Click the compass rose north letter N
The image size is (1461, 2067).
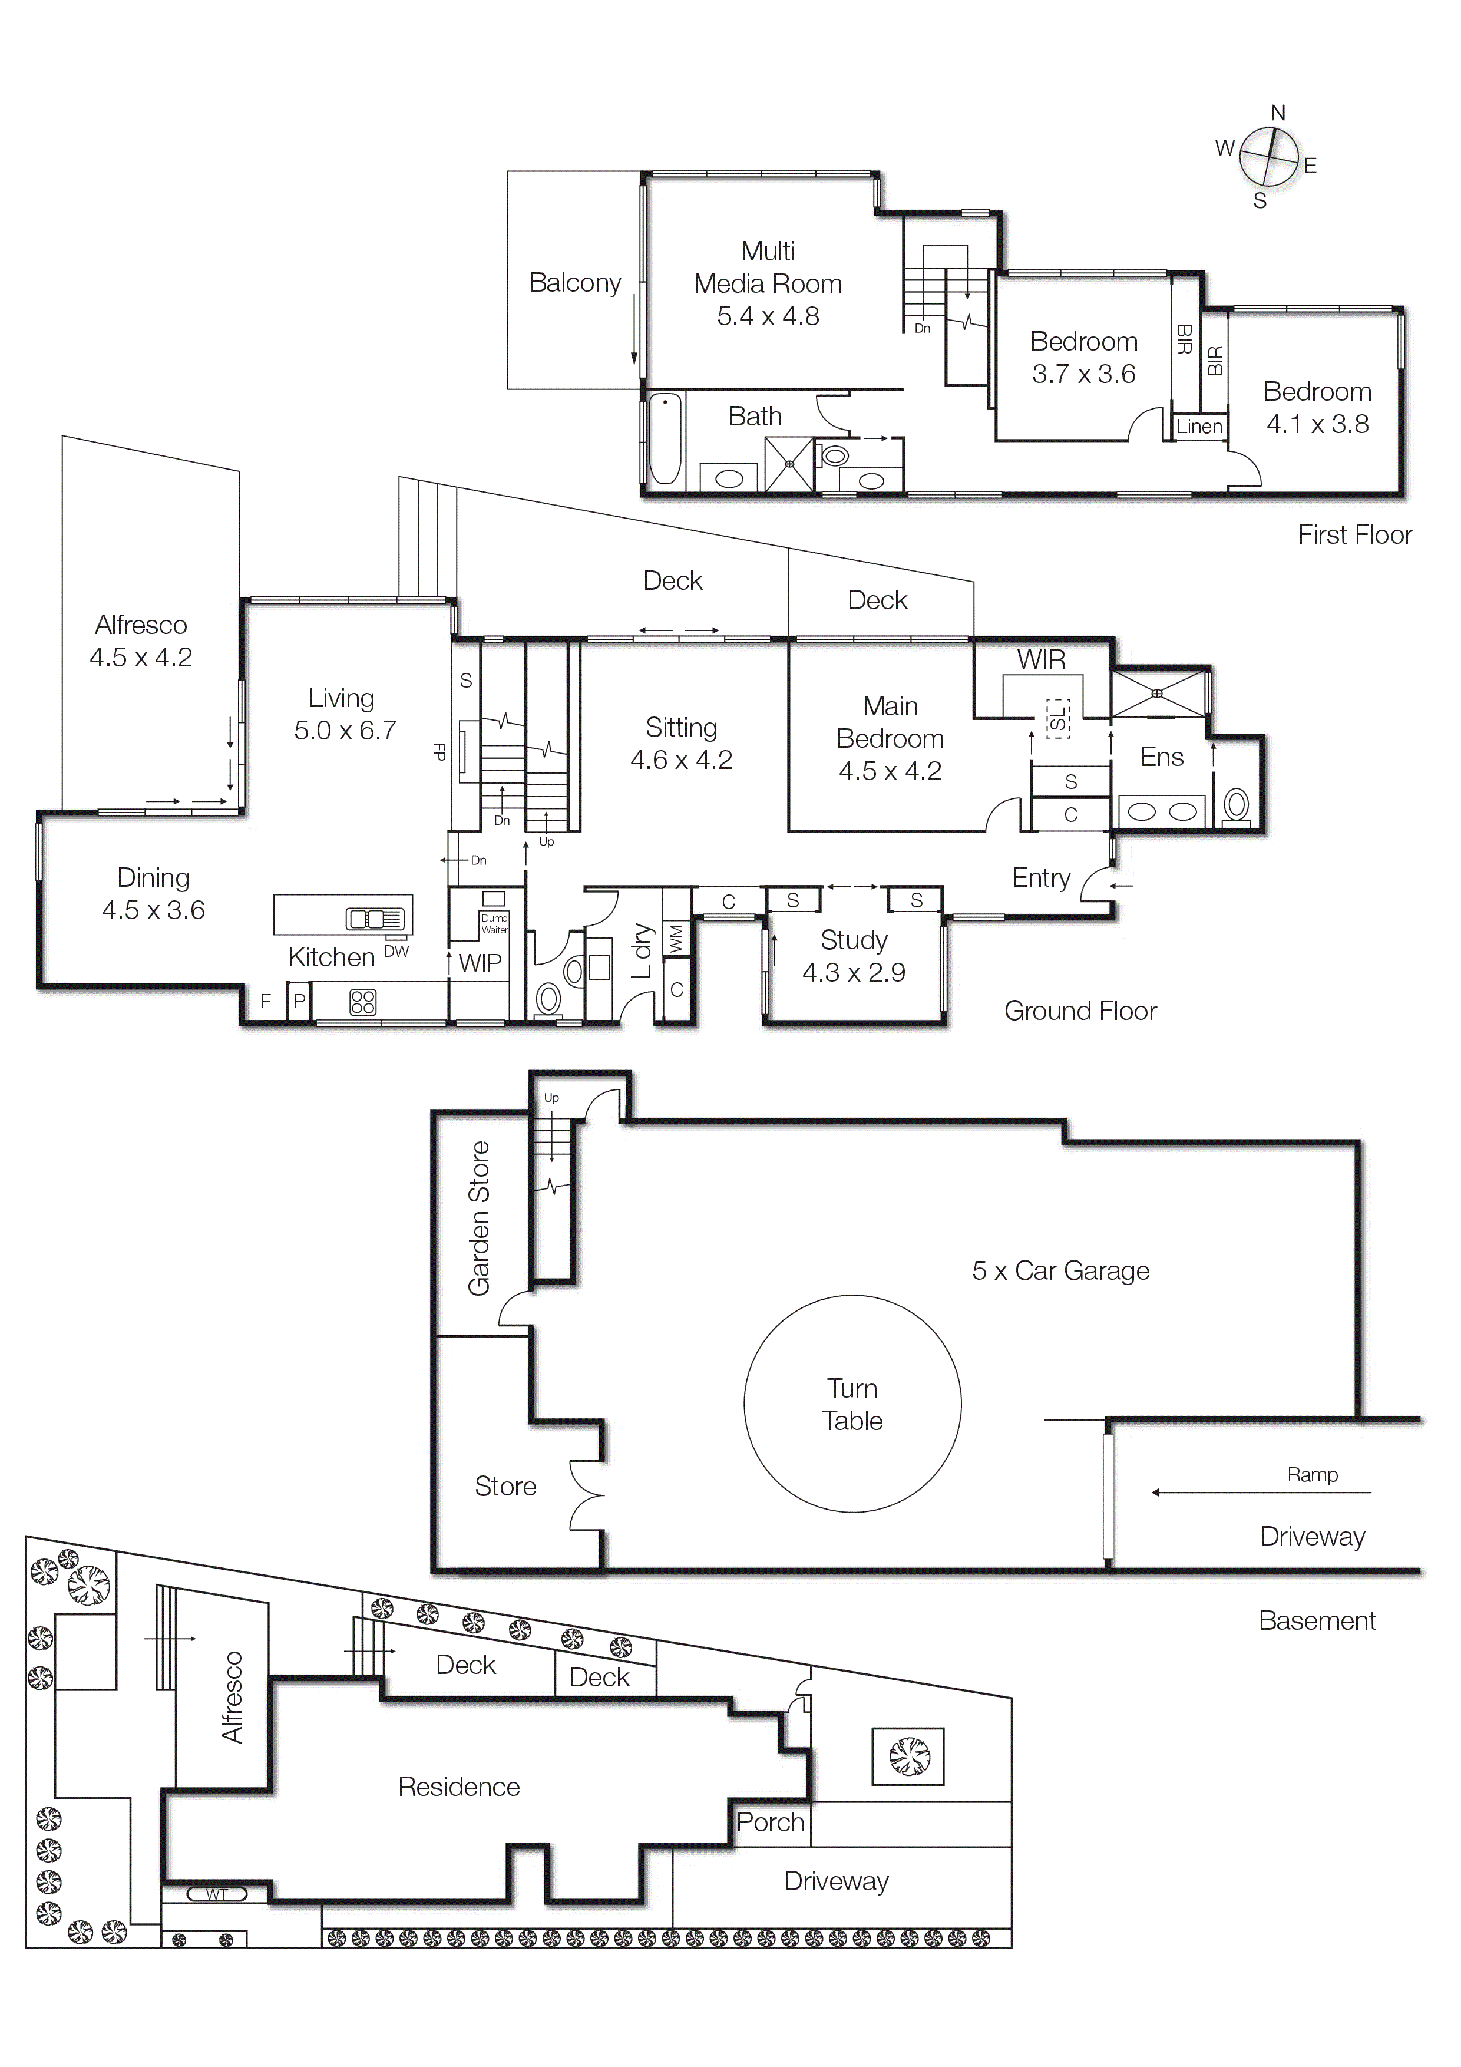pyautogui.click(x=1277, y=114)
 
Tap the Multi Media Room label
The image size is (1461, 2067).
pyautogui.click(x=768, y=268)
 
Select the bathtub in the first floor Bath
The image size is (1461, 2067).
pyautogui.click(x=665, y=438)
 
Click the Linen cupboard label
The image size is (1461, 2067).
pyautogui.click(x=1199, y=427)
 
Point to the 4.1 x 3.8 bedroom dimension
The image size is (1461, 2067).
pyautogui.click(x=1317, y=424)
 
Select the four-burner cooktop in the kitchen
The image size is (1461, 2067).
pyautogui.click(x=363, y=1002)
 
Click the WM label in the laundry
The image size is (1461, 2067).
pyautogui.click(x=676, y=938)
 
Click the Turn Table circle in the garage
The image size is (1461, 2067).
pyautogui.click(x=852, y=1404)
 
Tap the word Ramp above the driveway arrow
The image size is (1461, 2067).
pyautogui.click(x=1311, y=1475)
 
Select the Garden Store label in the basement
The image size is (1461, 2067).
pyautogui.click(x=479, y=1218)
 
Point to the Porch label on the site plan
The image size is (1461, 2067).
pyautogui.click(x=769, y=1822)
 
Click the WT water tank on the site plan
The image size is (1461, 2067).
pyautogui.click(x=216, y=1894)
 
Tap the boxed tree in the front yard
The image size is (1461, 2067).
pyautogui.click(x=907, y=1755)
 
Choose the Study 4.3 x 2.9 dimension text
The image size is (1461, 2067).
pyautogui.click(x=854, y=972)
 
